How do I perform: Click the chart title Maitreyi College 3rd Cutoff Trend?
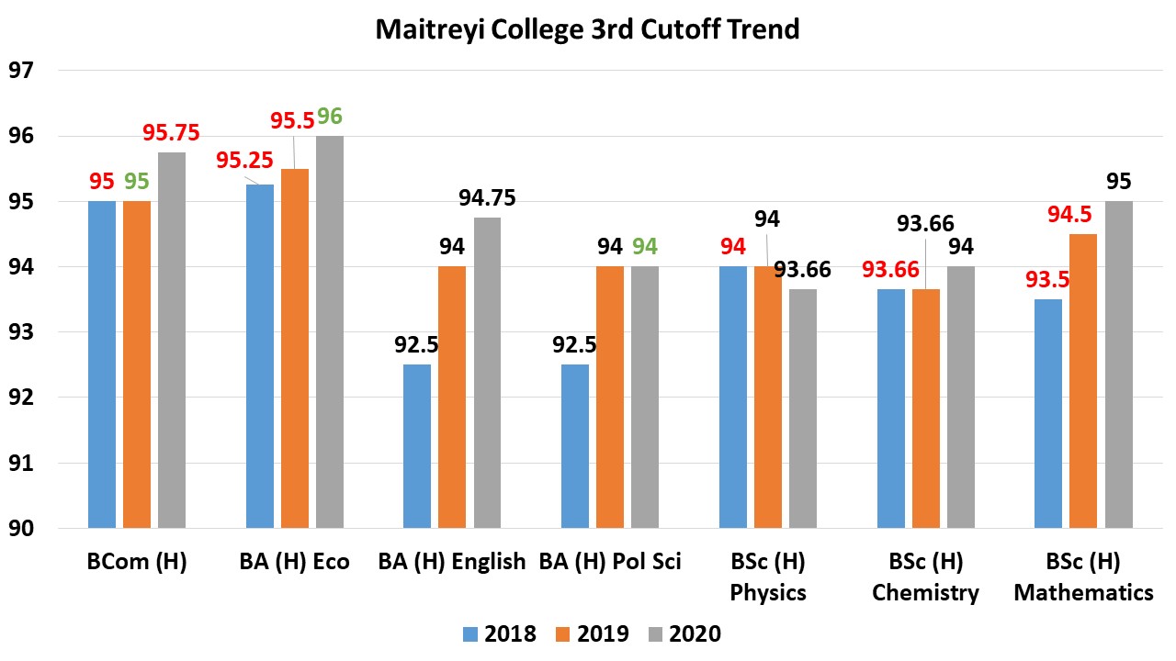coord(587,28)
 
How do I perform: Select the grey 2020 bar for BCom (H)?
coord(171,340)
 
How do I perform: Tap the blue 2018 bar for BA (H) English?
coord(417,446)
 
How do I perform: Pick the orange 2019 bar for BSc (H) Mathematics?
coord(1083,381)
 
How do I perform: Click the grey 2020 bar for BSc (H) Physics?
coord(802,409)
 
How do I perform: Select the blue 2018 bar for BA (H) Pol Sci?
coord(575,446)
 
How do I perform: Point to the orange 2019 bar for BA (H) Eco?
coord(295,349)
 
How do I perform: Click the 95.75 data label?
coord(171,133)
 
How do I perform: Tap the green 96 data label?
coord(330,117)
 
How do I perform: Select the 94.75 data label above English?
coord(486,198)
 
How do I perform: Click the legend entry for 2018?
coord(500,633)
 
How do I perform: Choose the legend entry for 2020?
coord(684,633)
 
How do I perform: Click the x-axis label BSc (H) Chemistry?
coord(925,577)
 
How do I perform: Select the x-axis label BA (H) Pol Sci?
coord(610,561)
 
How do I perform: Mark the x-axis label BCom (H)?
coord(136,561)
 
